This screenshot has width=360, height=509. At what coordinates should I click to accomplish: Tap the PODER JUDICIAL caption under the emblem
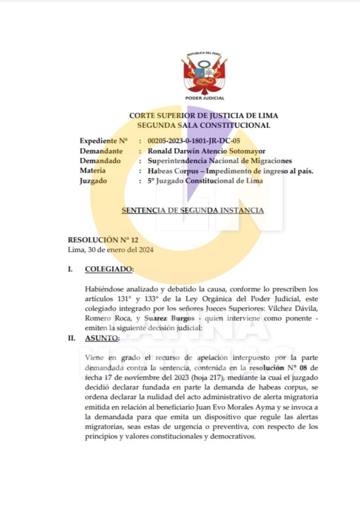pos(204,98)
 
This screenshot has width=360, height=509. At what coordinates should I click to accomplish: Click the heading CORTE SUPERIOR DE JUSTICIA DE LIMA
pos(203,116)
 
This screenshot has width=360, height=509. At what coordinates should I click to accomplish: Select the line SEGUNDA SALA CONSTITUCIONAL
pos(203,125)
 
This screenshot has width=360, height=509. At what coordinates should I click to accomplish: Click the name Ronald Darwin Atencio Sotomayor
pos(203,151)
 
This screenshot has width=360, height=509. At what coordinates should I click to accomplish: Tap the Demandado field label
pos(100,161)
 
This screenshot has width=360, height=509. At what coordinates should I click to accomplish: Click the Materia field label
pos(92,171)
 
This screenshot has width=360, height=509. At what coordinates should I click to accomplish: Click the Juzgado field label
pos(93,181)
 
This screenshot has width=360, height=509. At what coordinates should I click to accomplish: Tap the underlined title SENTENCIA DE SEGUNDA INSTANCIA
pos(193,210)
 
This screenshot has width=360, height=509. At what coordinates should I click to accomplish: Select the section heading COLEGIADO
pos(109,269)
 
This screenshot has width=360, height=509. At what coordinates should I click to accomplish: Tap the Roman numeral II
pos(72,338)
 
